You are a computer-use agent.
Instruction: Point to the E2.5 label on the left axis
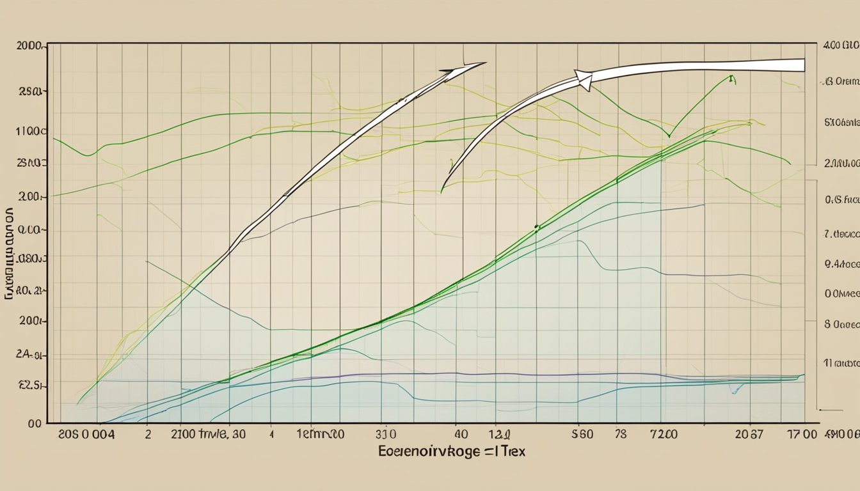point(31,386)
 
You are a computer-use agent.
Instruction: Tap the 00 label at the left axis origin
point(35,423)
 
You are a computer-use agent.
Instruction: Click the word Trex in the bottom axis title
point(509,451)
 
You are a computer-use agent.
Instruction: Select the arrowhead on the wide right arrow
point(584,80)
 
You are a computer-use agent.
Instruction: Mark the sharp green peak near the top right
point(730,77)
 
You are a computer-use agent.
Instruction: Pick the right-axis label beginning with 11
point(840,362)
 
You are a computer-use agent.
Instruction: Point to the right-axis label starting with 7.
point(840,234)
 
